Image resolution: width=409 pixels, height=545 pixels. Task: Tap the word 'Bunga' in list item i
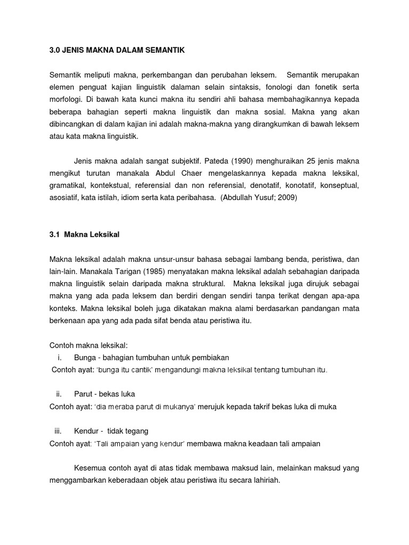pos(84,357)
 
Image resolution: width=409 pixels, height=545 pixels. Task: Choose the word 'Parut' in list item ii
pos(83,394)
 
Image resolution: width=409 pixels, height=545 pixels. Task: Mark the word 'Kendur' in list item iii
pos(86,431)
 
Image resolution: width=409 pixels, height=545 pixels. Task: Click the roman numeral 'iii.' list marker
pos(59,431)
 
